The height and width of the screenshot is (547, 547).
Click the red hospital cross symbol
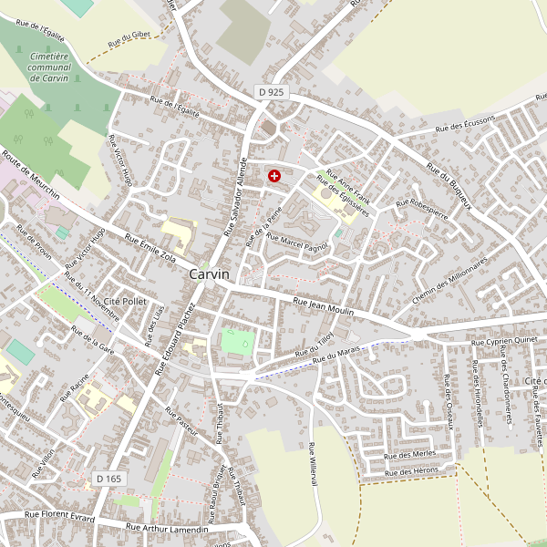274,175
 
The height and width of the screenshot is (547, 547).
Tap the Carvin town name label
210,273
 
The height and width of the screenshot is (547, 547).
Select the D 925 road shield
271,92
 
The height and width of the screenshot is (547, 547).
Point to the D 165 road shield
108,479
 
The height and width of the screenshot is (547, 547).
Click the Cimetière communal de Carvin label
50,67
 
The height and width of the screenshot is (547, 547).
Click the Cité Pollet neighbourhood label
125,300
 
